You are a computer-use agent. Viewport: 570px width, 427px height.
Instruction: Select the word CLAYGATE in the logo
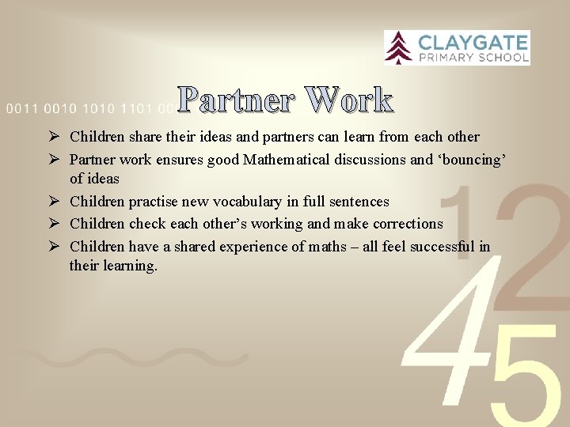tap(472, 42)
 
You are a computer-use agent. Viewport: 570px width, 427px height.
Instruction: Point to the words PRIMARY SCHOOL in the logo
tap(472, 57)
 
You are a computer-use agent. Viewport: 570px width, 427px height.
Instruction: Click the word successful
tap(434, 247)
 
